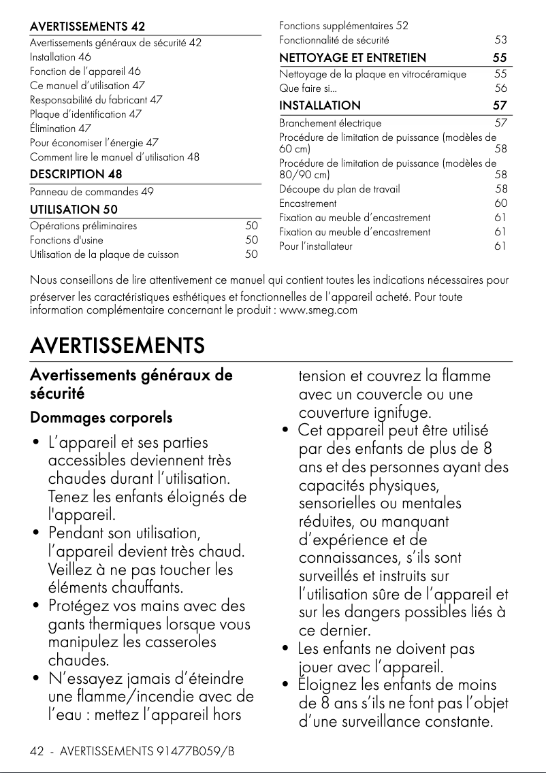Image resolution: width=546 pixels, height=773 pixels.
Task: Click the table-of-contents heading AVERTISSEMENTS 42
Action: point(87,27)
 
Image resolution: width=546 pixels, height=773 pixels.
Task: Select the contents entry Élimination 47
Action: point(61,129)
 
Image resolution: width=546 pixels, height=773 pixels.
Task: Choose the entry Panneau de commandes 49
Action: point(91,192)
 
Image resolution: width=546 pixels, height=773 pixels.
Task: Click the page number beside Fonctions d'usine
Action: point(251,240)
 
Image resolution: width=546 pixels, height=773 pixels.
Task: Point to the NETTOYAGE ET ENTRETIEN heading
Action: point(353,58)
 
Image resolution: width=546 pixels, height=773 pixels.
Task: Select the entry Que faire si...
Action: point(308,88)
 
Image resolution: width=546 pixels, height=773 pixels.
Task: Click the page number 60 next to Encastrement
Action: point(500,203)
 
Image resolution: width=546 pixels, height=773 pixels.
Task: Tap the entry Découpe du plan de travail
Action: point(340,189)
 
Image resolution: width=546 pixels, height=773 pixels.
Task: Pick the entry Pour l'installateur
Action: point(316,246)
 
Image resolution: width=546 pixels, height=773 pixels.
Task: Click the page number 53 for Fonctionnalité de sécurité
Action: point(500,41)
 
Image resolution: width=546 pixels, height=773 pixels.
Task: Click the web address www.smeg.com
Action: point(319,311)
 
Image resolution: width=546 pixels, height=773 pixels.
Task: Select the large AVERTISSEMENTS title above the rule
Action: point(117,346)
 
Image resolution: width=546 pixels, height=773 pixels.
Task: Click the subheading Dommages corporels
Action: point(101,417)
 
